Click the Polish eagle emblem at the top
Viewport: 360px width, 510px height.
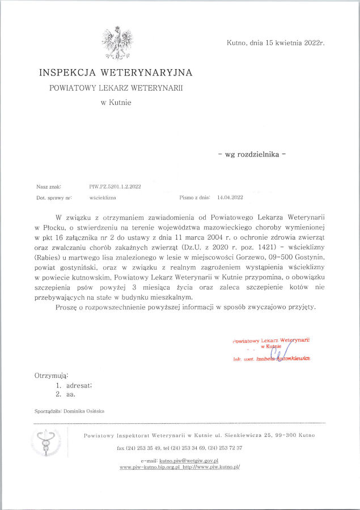(117, 42)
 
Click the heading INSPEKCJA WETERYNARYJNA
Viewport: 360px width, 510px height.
(116, 73)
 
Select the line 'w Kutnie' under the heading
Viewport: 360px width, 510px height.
(116, 103)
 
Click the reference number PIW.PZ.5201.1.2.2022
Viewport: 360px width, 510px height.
(115, 186)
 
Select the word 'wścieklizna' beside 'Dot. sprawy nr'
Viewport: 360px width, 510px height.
(103, 198)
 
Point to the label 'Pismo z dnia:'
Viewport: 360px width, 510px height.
(194, 198)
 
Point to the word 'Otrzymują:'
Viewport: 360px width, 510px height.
(52, 376)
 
